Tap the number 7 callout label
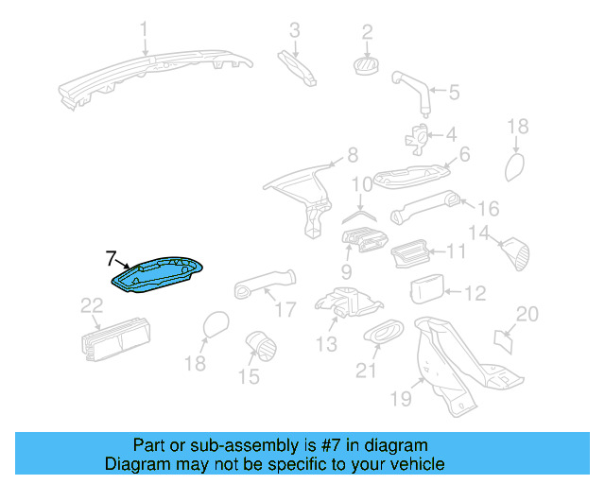click(111, 258)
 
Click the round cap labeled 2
click(366, 64)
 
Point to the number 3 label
click(295, 31)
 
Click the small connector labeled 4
click(416, 138)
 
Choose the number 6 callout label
click(464, 153)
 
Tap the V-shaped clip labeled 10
click(357, 216)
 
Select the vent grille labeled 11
click(413, 253)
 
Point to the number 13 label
click(326, 345)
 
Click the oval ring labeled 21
click(381, 333)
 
